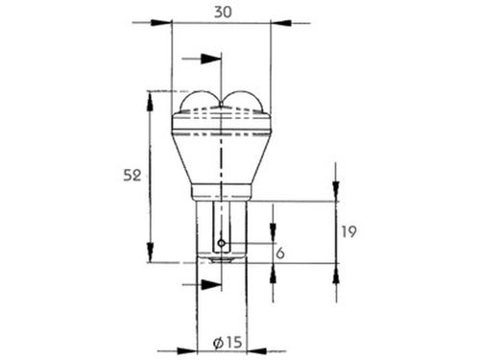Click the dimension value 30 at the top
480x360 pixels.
pyautogui.click(x=223, y=12)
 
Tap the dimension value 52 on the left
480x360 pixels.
pyautogui.click(x=132, y=176)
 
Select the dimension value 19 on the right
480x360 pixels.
pyautogui.click(x=348, y=231)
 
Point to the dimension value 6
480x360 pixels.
pyautogui.click(x=280, y=253)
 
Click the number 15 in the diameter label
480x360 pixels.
pyautogui.click(x=233, y=343)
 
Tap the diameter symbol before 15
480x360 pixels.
pyautogui.click(x=218, y=343)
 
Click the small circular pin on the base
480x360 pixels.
pyautogui.click(x=222, y=243)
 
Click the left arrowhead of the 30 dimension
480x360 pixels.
pyautogui.click(x=161, y=23)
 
